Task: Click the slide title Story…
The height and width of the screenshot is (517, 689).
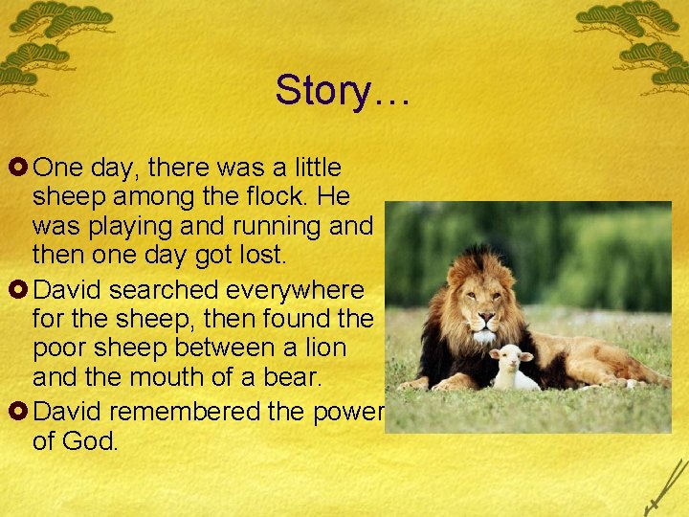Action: tap(343, 90)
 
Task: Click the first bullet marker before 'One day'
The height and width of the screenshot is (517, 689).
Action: tap(19, 169)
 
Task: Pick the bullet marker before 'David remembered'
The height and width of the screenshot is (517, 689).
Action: tap(19, 412)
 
